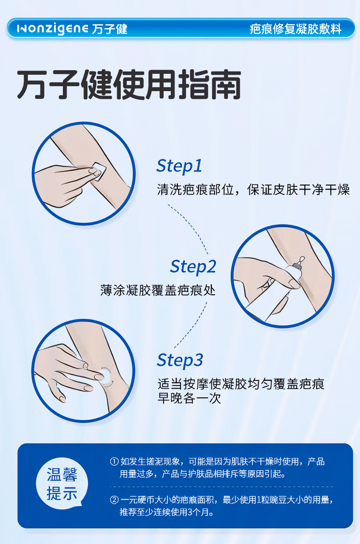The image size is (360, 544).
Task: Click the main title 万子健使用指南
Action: (x=129, y=86)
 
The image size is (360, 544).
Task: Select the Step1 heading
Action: (x=179, y=166)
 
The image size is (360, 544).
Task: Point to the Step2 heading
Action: (x=193, y=267)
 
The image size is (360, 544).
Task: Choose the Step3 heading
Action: (x=180, y=360)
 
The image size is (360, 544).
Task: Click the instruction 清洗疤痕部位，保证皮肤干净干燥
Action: (x=253, y=190)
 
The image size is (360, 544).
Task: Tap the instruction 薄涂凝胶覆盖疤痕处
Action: (x=158, y=290)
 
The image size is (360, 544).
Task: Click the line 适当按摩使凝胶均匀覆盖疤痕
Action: (x=241, y=384)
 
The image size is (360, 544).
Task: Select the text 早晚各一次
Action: (x=189, y=398)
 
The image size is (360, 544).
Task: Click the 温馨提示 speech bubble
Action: (x=62, y=484)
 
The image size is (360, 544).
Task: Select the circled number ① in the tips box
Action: (x=114, y=462)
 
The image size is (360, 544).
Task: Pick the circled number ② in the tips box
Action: (x=114, y=500)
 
